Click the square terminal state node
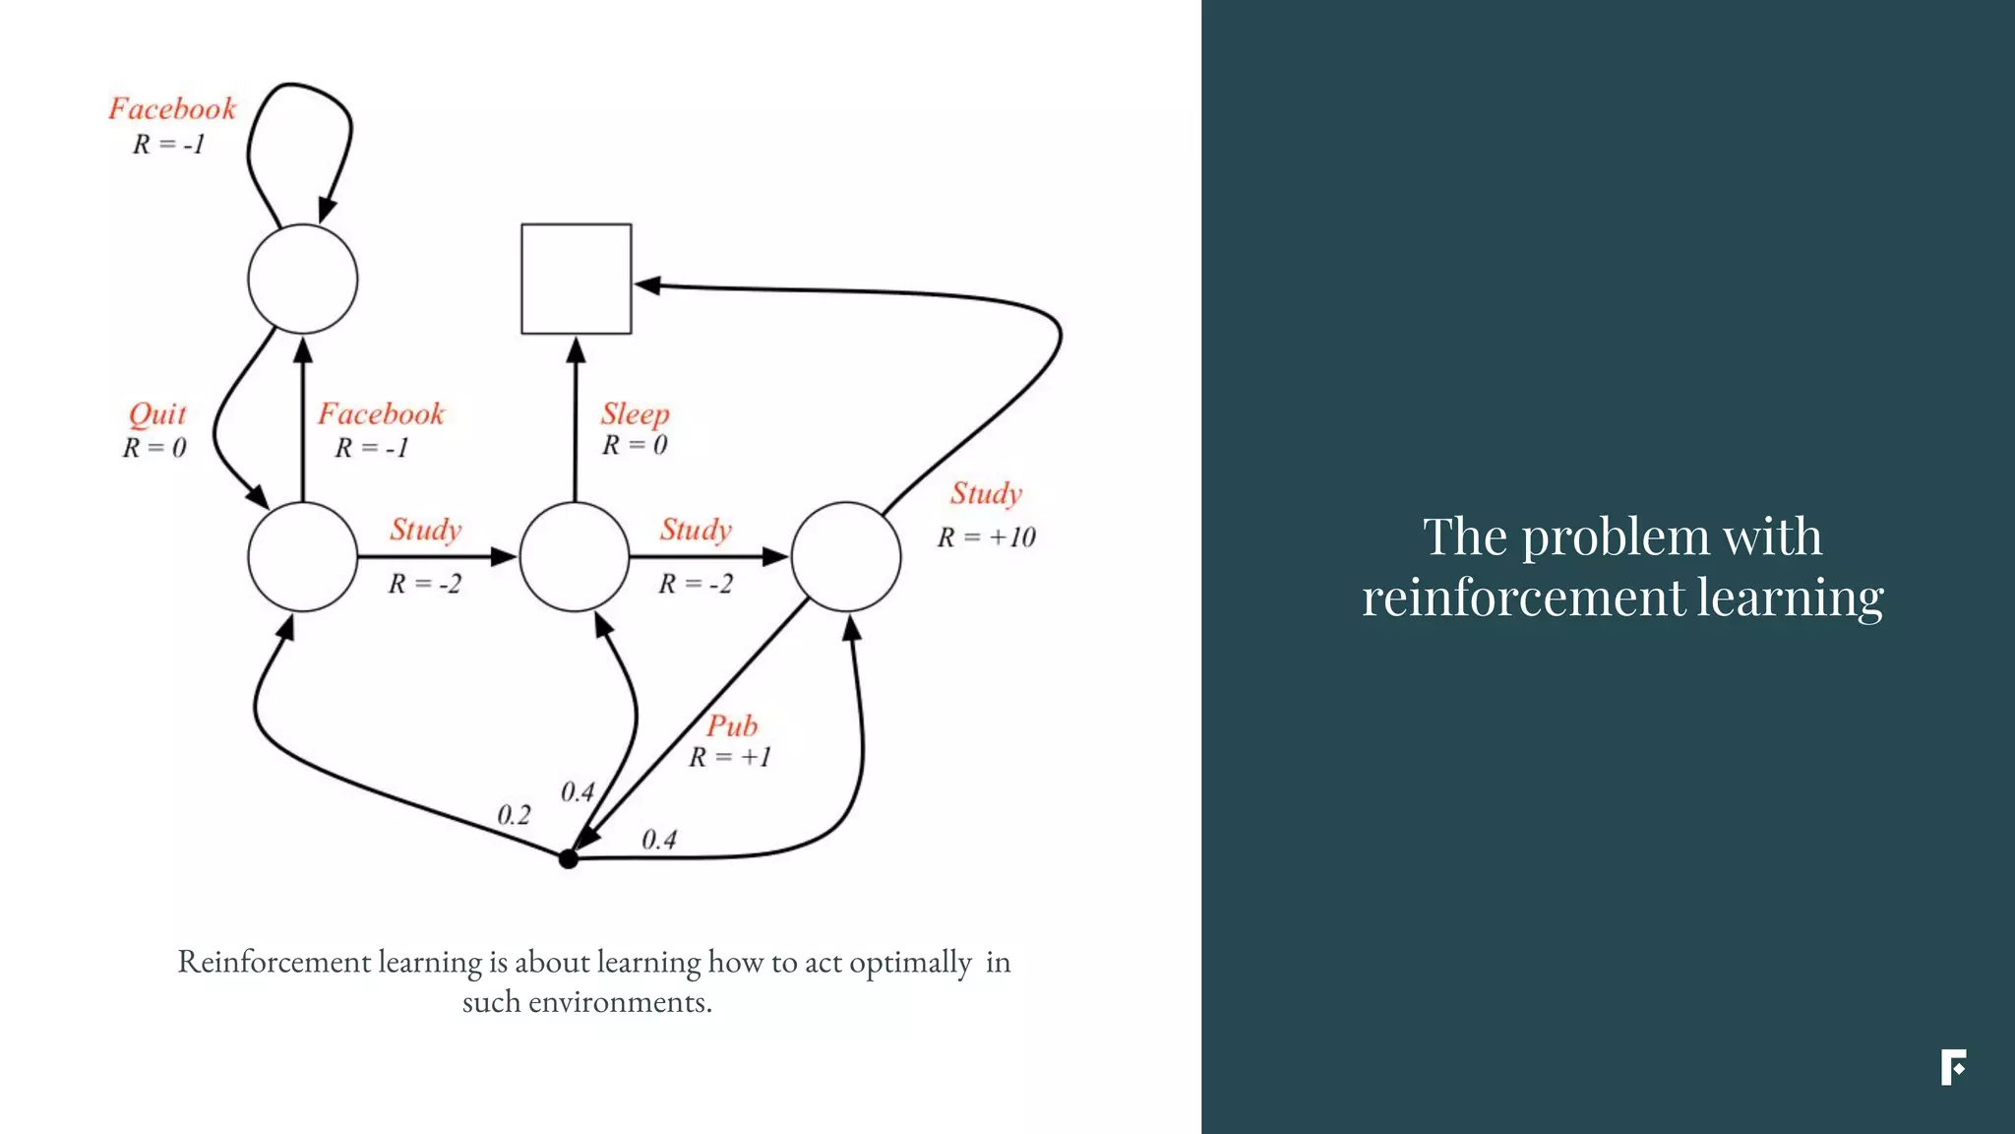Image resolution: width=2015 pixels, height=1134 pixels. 576,279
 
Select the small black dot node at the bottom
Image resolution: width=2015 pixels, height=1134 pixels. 568,858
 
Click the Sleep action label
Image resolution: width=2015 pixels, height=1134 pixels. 635,413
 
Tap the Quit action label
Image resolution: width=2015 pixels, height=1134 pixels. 157,414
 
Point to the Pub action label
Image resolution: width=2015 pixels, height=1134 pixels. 732,726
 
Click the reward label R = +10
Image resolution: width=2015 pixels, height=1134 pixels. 986,537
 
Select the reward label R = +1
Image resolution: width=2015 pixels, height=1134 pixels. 729,757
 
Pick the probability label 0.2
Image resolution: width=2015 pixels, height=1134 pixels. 514,815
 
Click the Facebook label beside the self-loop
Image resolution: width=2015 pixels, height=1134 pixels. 172,108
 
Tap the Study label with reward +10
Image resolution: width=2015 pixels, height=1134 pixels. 986,493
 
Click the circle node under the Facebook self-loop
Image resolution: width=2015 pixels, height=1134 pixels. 302,279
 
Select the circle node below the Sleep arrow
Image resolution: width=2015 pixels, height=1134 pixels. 575,556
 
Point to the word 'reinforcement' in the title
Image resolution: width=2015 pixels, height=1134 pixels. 1522,598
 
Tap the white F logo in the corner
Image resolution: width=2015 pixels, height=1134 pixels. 1953,1067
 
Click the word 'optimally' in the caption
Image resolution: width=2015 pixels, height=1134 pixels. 910,962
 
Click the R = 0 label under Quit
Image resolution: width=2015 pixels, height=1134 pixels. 154,448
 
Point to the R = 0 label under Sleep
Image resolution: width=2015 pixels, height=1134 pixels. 635,445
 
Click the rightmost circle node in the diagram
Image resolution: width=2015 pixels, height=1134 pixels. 846,556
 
